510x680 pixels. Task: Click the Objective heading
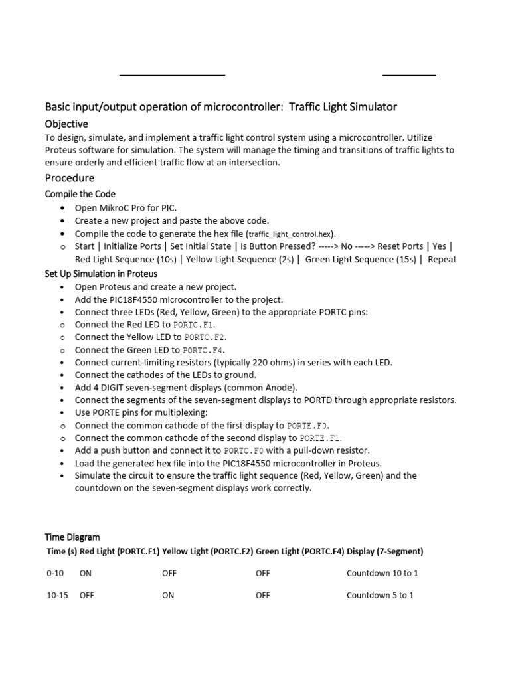click(66, 124)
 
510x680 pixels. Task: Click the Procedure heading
click(70, 178)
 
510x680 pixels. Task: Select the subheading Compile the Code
click(80, 194)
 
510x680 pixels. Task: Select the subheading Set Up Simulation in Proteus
click(101, 274)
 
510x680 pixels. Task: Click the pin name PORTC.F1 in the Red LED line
click(194, 325)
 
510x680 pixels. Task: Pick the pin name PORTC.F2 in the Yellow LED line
click(206, 337)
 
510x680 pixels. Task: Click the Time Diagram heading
click(72, 537)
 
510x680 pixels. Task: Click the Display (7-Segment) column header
click(385, 551)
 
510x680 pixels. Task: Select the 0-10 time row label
click(55, 573)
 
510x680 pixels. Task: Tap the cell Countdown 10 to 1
click(382, 573)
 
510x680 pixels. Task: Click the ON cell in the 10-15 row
click(168, 596)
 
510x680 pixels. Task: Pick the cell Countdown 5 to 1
click(380, 596)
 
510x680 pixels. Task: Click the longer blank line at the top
click(172, 76)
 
